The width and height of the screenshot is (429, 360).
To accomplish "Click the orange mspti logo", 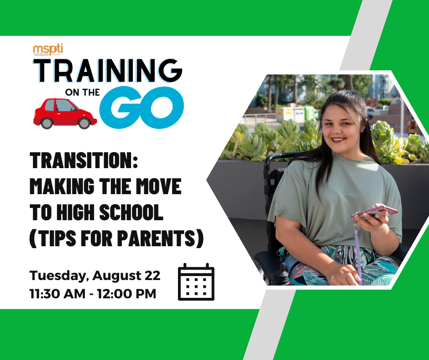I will [48, 48].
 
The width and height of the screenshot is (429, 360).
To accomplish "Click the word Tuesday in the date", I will [58, 275].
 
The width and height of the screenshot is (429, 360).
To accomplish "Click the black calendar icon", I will [196, 282].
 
